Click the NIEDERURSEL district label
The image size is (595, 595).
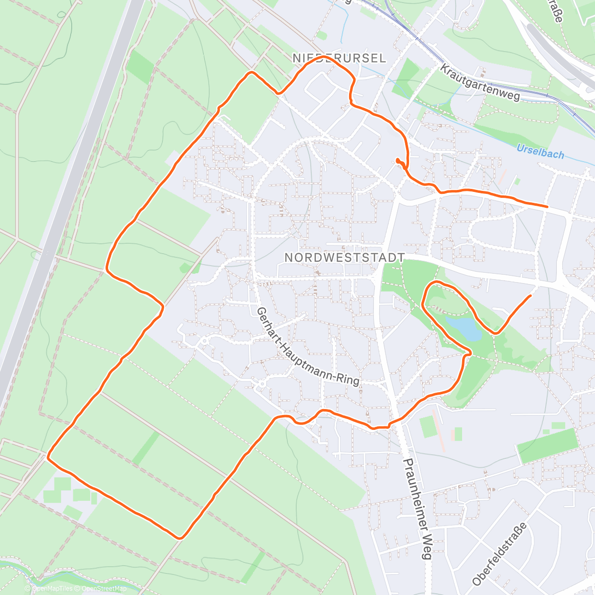tap(339, 59)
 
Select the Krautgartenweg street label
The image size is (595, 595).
tap(480, 82)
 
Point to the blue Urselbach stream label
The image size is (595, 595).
tap(540, 151)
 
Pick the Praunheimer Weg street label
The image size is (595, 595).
tap(417, 509)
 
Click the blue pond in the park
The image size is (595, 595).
tap(463, 328)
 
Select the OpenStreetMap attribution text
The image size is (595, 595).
tap(104, 589)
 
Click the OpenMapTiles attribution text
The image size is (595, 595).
tap(52, 589)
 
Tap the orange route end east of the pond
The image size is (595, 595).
tap(531, 296)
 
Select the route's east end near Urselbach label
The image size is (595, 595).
tap(547, 206)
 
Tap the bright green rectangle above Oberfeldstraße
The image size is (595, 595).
tap(548, 446)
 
